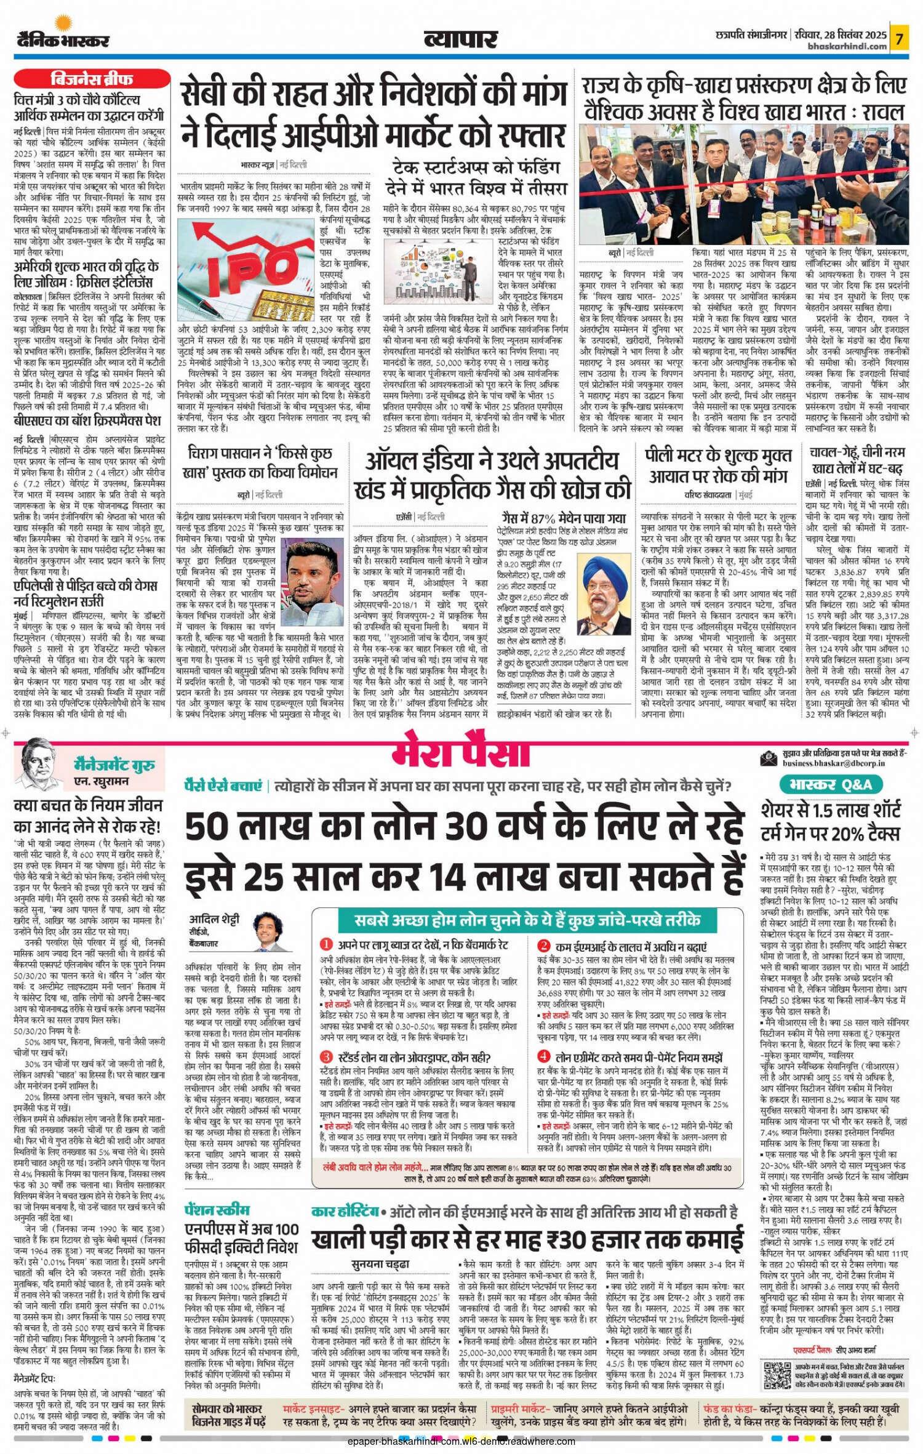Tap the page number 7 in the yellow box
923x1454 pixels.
coord(900,39)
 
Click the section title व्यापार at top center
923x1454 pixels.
coord(460,39)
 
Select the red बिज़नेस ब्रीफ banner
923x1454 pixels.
coord(91,79)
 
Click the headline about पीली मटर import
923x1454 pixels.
coord(718,465)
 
